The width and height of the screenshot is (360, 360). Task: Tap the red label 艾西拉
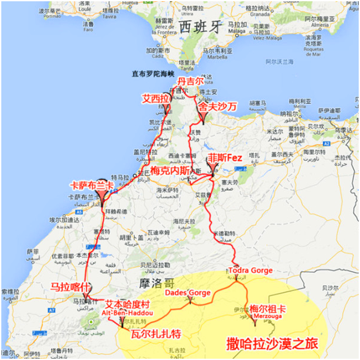point(156,98)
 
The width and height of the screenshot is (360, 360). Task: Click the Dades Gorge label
point(188,293)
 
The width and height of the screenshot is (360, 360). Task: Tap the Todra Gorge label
point(250,269)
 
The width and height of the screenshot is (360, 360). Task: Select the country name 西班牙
point(200,27)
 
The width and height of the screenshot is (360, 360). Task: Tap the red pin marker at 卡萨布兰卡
point(105,194)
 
